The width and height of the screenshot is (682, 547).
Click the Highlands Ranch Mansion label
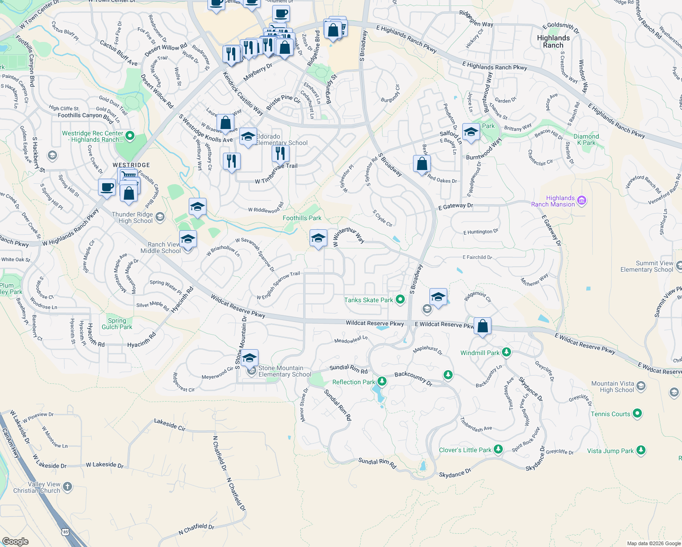(x=553, y=201)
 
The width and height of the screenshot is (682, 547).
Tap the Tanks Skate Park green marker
(x=400, y=299)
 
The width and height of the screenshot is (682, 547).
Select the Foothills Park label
(x=302, y=218)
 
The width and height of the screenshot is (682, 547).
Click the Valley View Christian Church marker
(x=67, y=487)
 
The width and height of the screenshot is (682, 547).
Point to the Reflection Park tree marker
(x=382, y=382)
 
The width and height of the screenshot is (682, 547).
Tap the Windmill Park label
(x=480, y=353)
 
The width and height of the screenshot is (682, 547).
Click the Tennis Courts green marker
(x=637, y=413)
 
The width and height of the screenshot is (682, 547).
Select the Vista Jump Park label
(x=610, y=451)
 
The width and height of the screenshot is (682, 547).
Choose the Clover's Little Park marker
(x=498, y=449)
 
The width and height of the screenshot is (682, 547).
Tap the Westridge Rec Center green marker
(x=130, y=135)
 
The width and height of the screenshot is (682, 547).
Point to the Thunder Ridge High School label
(x=132, y=217)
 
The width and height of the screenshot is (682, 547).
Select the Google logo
(x=15, y=541)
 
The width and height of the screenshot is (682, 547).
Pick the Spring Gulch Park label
(x=117, y=324)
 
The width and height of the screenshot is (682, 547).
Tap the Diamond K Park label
(x=586, y=139)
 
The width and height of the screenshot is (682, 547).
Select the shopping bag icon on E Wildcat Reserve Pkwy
(x=482, y=326)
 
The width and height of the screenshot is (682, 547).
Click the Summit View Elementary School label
(x=646, y=266)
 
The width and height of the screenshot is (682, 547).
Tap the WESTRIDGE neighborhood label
(x=131, y=165)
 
